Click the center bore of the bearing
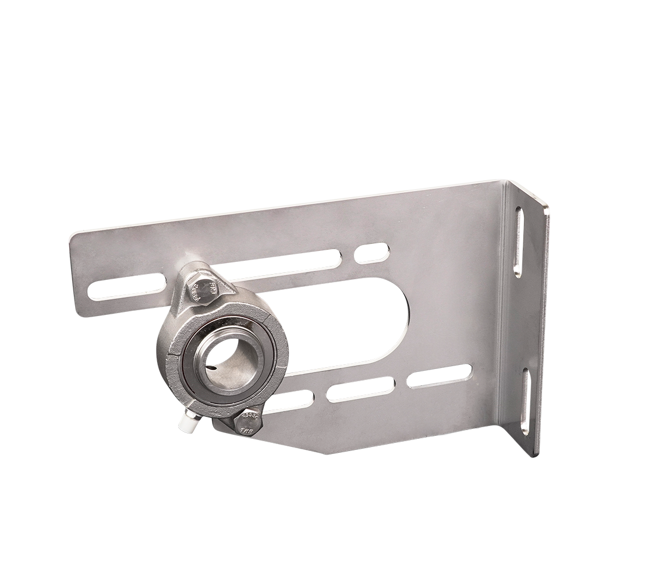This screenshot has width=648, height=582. [x=224, y=356]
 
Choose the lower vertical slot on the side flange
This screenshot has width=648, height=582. [x=525, y=402]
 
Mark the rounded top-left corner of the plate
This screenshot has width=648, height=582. [x=76, y=239]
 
